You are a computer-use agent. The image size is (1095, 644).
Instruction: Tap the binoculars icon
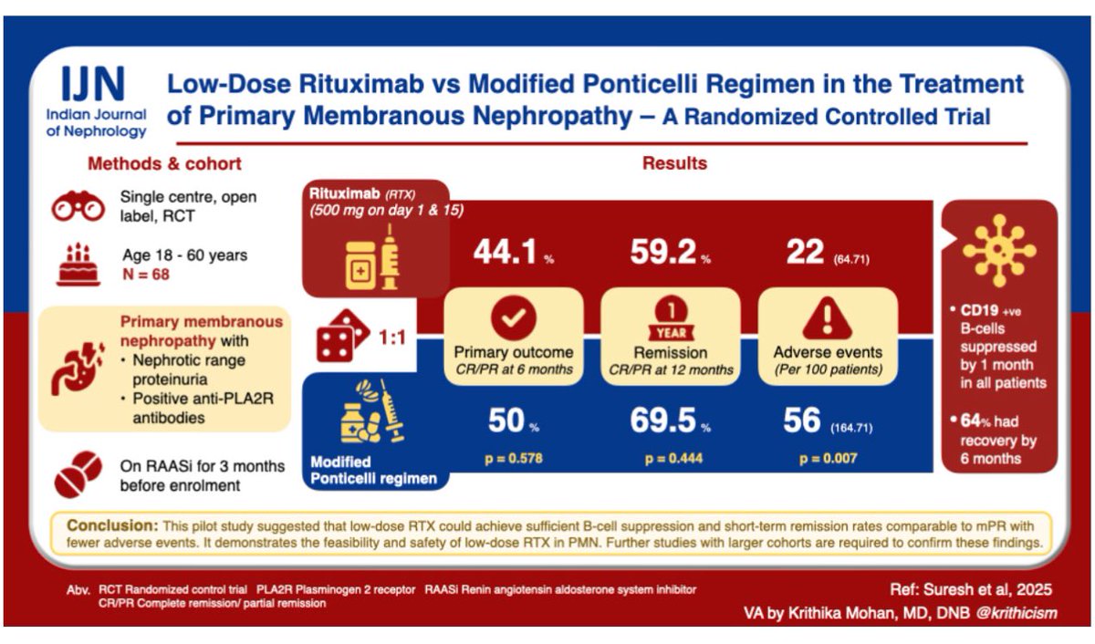coord(77,207)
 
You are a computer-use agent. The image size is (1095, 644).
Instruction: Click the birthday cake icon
coord(78,265)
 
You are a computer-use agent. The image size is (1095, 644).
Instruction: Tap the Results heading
coord(674,164)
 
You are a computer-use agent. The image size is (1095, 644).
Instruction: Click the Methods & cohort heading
coord(164,164)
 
